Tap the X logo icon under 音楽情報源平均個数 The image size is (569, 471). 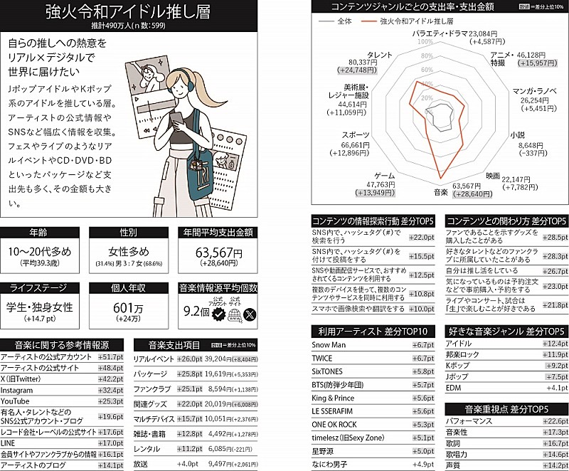[248, 313]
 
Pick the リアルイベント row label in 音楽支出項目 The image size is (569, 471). [154, 359]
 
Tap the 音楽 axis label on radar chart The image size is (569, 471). [440, 192]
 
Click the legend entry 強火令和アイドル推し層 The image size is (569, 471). [417, 22]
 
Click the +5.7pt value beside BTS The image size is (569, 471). [422, 385]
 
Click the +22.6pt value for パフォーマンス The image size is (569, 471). [555, 421]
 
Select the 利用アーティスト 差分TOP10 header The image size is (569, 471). [373, 331]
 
